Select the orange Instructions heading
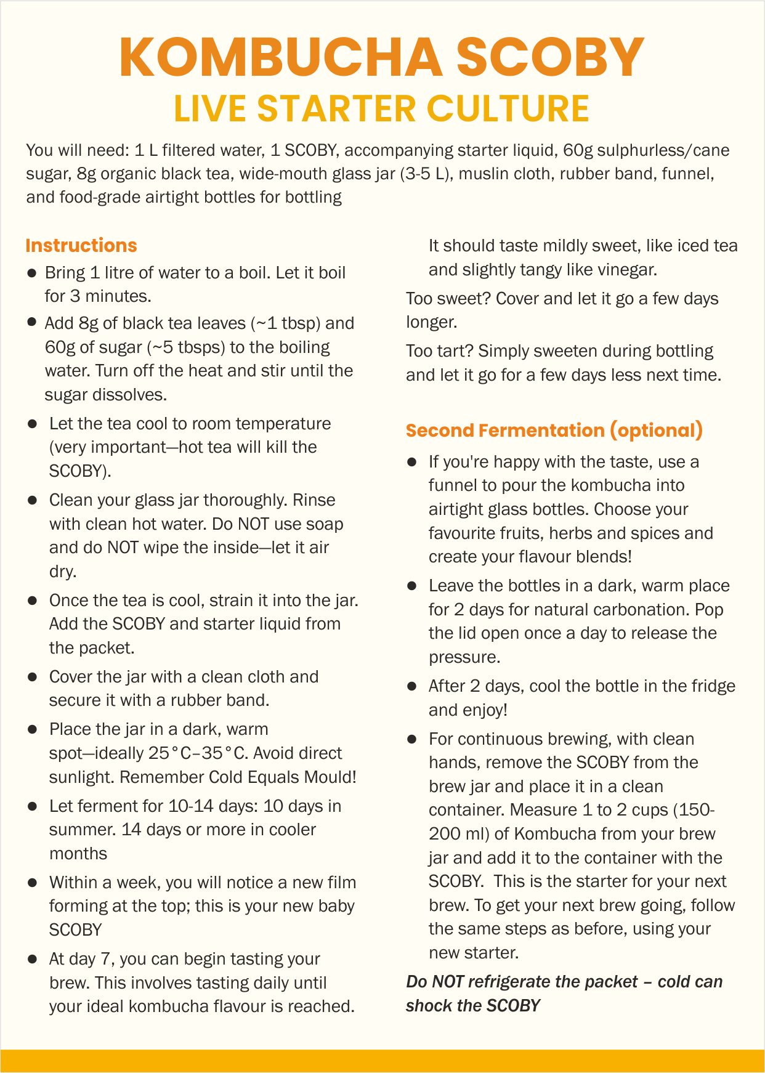pyautogui.click(x=81, y=246)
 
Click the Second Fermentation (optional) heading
pyautogui.click(x=554, y=431)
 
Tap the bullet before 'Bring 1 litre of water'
pyautogui.click(x=31, y=273)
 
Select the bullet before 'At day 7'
pyautogui.click(x=31, y=960)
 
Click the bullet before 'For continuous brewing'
pyautogui.click(x=411, y=739)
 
